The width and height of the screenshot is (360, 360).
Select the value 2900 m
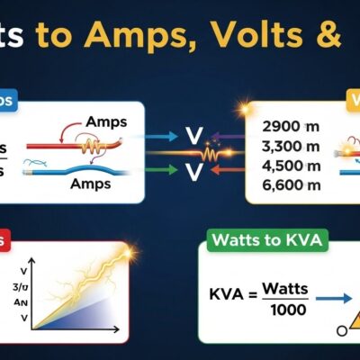point(287,126)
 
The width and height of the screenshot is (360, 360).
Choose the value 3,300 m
point(287,146)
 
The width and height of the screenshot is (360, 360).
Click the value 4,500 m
point(287,166)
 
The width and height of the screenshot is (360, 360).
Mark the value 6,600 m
point(287,185)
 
